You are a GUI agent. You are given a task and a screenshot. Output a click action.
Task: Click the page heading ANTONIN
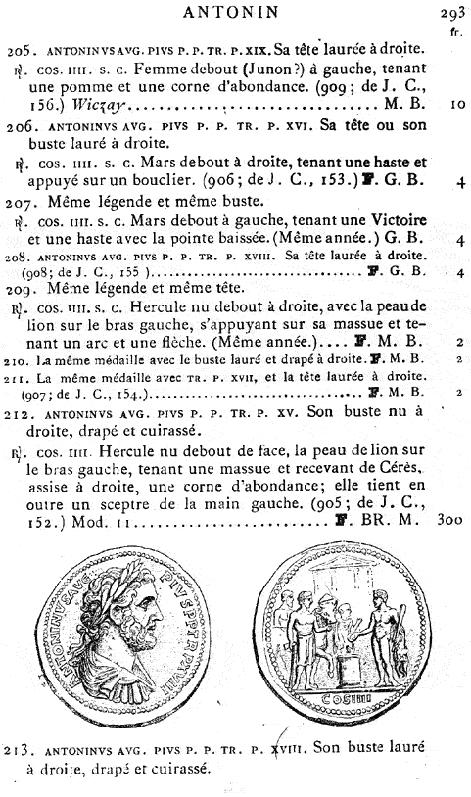235,12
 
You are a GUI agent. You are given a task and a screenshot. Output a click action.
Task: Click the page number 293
451,13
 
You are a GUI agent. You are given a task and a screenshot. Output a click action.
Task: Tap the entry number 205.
18,49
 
